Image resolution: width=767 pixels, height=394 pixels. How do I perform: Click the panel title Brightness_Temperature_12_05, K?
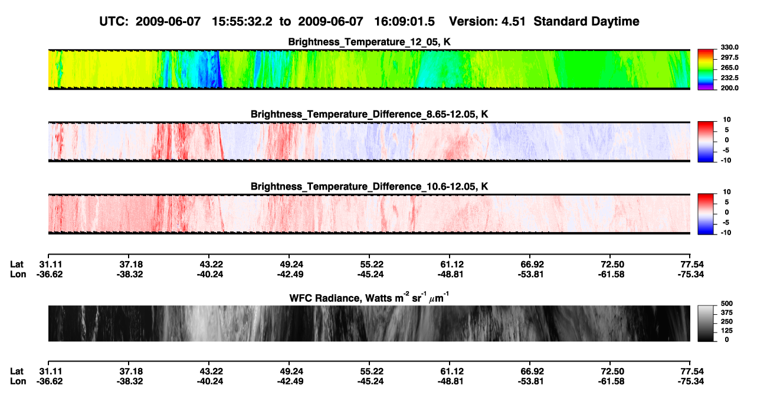point(369,42)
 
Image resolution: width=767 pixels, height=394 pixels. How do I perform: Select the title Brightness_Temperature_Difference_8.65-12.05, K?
point(369,114)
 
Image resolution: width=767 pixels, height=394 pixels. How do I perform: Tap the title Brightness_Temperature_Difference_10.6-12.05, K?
point(369,187)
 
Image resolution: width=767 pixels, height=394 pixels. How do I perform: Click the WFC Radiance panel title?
point(369,297)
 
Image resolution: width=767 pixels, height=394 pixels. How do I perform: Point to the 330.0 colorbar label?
point(729,47)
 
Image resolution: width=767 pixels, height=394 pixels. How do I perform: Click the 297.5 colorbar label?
point(729,58)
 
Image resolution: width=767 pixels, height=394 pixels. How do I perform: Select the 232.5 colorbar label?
point(729,78)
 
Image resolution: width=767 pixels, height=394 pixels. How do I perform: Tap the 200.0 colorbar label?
point(729,88)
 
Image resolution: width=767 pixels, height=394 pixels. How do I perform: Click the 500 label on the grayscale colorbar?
point(727,304)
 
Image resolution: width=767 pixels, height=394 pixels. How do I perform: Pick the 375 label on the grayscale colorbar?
point(727,312)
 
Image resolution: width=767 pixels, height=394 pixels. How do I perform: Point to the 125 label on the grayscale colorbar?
point(727,331)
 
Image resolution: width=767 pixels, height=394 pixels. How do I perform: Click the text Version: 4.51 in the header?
point(487,21)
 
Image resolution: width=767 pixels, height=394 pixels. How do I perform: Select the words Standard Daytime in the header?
point(586,21)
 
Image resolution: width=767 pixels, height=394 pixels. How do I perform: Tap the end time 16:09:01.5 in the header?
point(404,21)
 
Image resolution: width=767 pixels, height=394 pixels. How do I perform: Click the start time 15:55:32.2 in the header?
point(242,21)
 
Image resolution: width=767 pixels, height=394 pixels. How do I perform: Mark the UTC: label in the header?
point(114,21)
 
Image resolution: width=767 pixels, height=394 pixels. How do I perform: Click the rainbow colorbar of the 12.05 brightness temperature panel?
point(706,70)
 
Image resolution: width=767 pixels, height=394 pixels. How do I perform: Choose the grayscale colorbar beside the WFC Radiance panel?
point(706,323)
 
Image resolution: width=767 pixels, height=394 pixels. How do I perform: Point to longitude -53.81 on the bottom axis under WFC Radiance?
point(531,382)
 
